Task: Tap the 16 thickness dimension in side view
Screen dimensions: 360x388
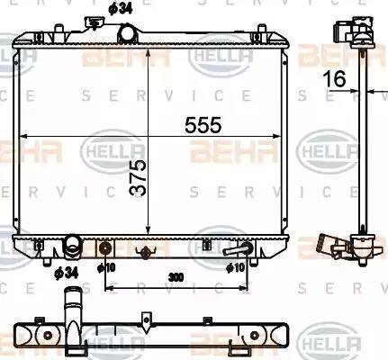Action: (x=335, y=80)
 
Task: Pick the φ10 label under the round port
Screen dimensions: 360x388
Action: (x=106, y=268)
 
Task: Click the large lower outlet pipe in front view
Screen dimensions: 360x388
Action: (x=72, y=246)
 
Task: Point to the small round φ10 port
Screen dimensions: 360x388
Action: (x=106, y=248)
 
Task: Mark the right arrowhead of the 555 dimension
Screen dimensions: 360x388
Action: (x=291, y=137)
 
